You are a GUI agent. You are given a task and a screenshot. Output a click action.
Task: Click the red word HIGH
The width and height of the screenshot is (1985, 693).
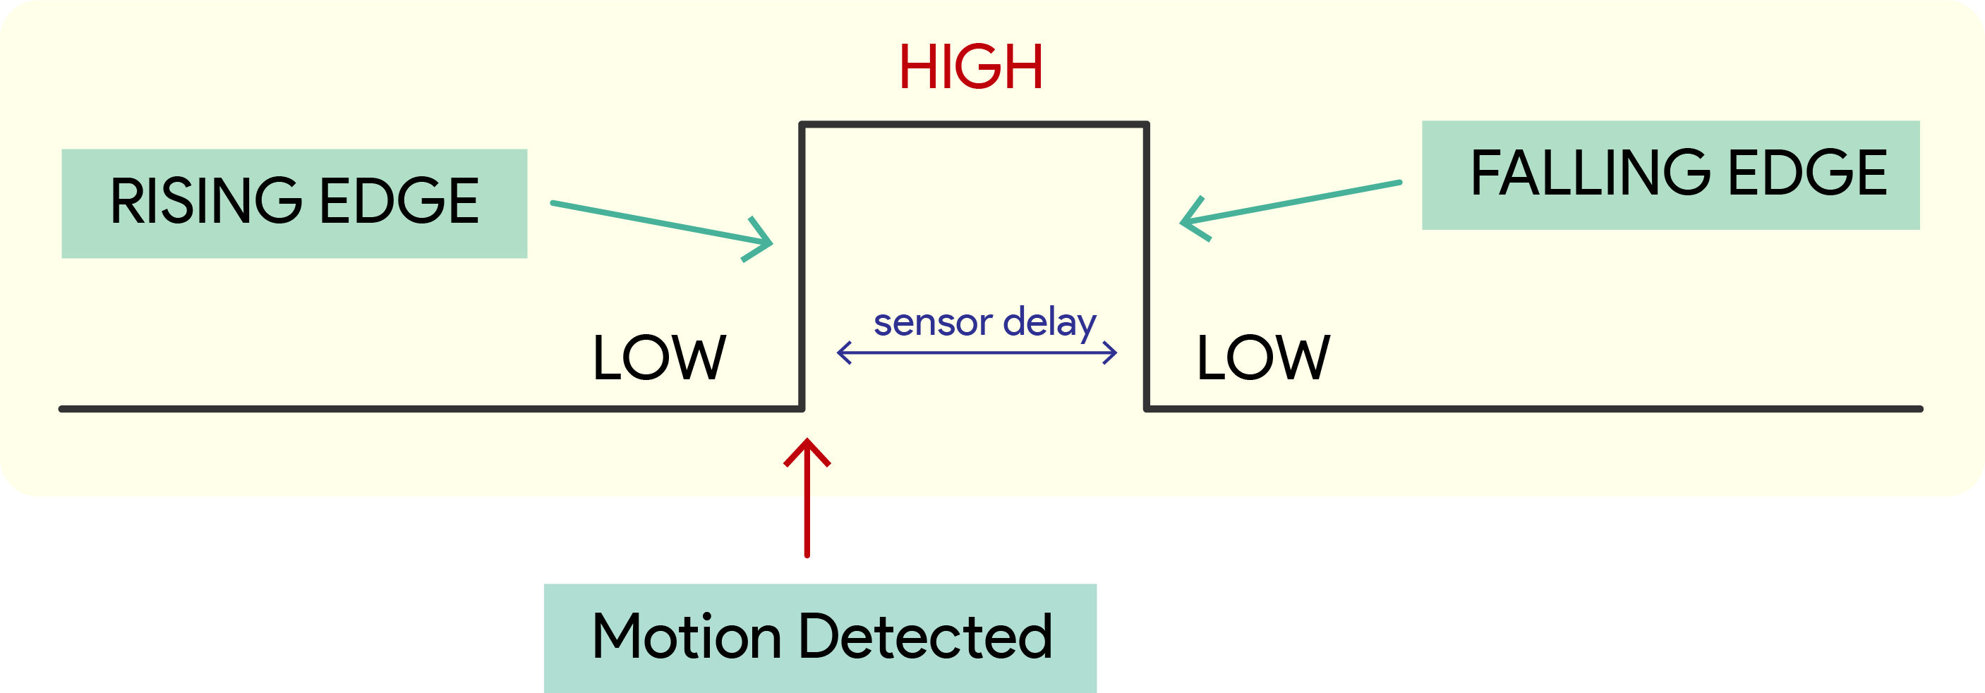[x=970, y=67]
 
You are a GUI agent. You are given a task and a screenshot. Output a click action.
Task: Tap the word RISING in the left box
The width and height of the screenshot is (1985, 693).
[x=206, y=202]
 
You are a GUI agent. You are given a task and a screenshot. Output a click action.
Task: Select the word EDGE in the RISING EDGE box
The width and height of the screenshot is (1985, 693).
[x=399, y=202]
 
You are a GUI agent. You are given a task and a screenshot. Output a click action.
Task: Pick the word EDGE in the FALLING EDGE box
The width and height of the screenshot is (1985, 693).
[x=1807, y=173]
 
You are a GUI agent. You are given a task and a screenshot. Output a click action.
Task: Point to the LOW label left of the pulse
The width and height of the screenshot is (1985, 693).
[x=659, y=358]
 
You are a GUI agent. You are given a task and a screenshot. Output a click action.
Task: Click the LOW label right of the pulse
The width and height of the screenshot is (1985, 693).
[x=1263, y=358]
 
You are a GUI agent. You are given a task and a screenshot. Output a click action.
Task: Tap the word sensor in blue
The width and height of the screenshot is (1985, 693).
[x=932, y=323]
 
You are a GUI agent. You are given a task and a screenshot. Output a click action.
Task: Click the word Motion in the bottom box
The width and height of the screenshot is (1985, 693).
[x=687, y=637]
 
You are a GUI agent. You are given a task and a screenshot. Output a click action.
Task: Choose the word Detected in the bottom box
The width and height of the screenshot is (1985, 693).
[x=925, y=637]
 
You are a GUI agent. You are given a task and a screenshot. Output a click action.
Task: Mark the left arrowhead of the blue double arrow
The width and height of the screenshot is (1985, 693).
[x=843, y=352]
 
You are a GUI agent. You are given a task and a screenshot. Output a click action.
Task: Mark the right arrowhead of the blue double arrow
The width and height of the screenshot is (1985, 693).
[x=1112, y=352]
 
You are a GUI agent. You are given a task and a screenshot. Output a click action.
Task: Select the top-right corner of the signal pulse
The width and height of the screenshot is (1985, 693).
[x=1147, y=125]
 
